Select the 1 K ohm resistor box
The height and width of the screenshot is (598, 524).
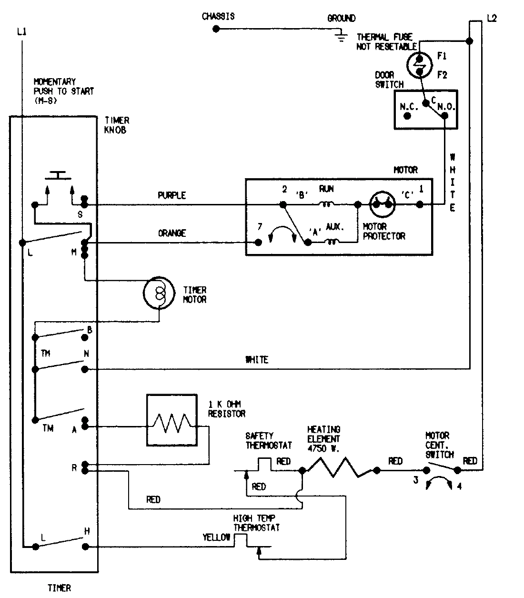tap(171, 420)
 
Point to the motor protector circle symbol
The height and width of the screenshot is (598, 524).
tap(382, 204)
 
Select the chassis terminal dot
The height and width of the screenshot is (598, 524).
tap(216, 29)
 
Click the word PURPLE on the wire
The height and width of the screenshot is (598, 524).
tap(171, 195)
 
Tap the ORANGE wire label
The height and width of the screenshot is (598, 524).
tap(171, 233)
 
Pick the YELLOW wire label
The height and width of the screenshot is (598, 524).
tap(216, 537)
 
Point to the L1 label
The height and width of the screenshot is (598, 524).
tap(21, 32)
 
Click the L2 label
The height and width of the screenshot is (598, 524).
tap(492, 19)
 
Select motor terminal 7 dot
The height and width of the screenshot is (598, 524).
tap(259, 242)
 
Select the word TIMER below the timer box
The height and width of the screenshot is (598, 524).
tap(59, 588)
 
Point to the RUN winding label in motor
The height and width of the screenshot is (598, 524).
tap(326, 189)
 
